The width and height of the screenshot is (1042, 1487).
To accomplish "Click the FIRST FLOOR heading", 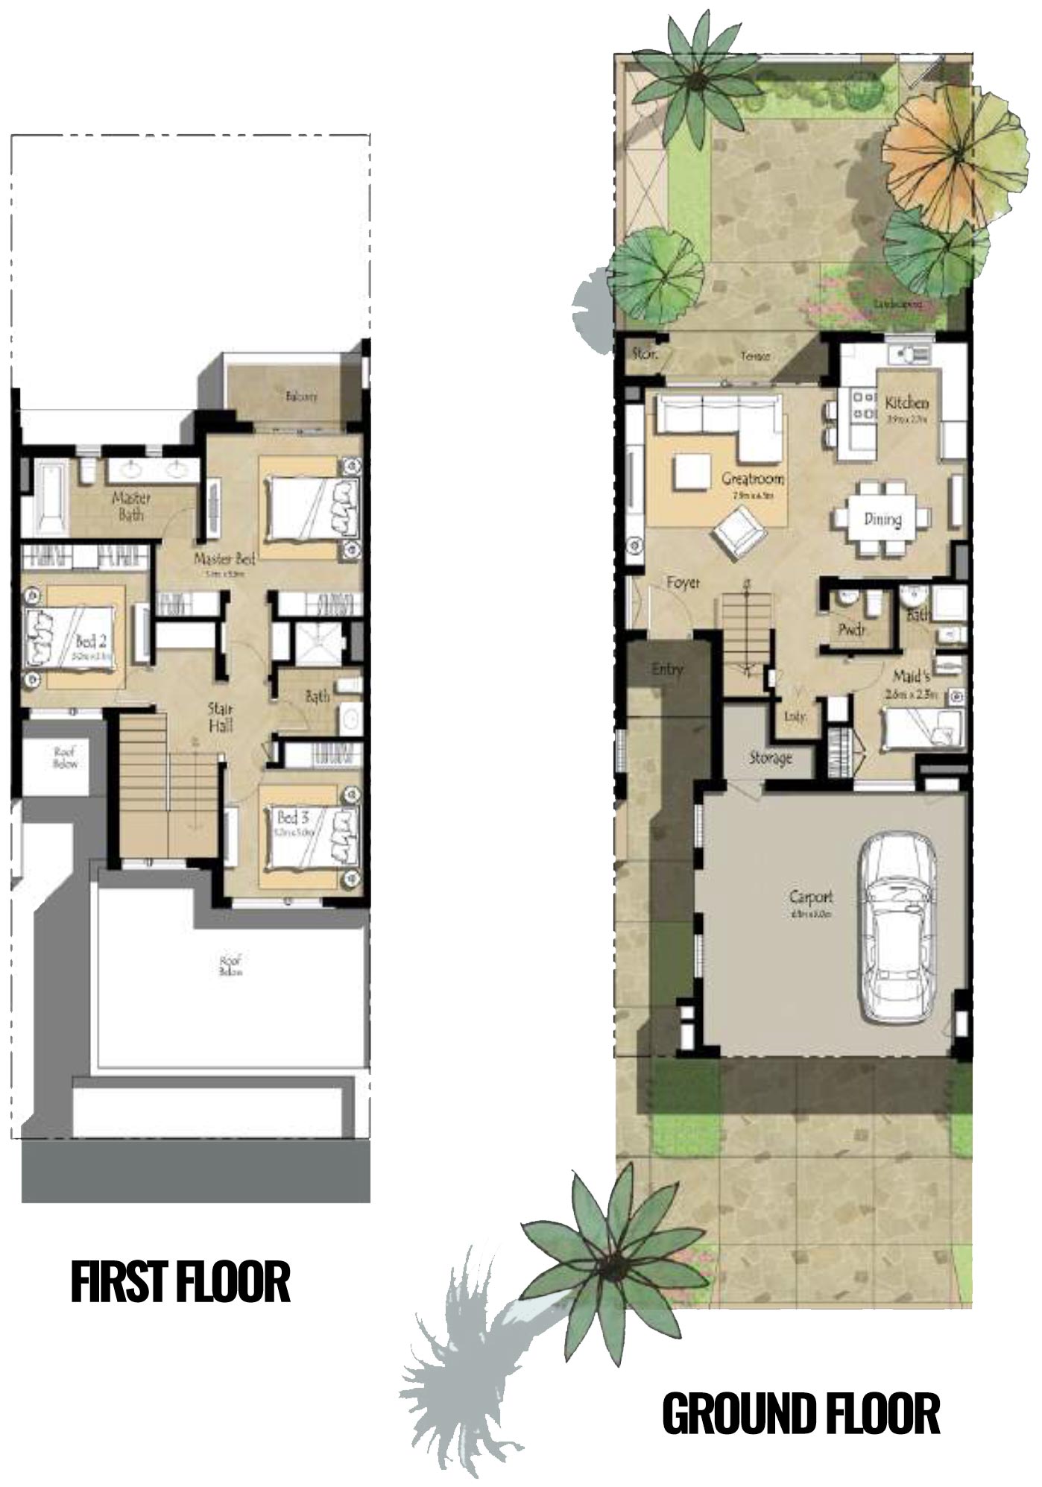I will (x=180, y=1283).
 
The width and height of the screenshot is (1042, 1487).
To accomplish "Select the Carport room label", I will (x=811, y=897).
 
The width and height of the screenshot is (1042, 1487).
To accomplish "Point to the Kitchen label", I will (x=906, y=403).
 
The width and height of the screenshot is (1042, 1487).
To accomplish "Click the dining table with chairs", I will (x=882, y=519).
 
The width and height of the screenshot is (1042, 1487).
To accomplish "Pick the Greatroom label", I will (x=752, y=479).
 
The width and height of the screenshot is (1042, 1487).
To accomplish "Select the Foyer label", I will (x=683, y=583).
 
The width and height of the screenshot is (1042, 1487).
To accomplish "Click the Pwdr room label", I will (x=850, y=630).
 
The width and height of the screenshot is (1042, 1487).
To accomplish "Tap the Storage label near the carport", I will (x=770, y=758).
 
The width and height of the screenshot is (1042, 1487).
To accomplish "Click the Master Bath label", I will (x=131, y=505).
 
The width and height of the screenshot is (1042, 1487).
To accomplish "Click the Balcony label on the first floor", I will (x=301, y=397).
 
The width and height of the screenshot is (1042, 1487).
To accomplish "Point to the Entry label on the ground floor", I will (x=666, y=669).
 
